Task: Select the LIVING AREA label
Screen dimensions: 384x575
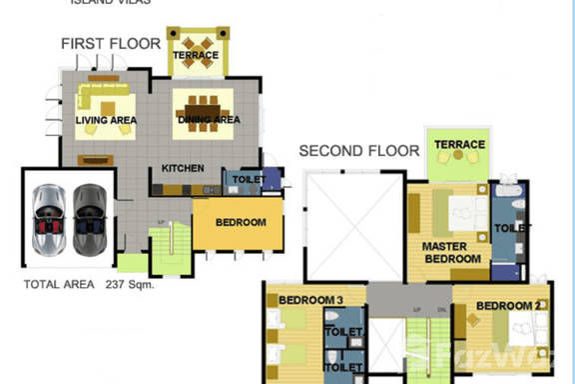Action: click(x=106, y=121)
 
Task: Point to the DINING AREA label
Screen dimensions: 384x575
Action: click(x=209, y=121)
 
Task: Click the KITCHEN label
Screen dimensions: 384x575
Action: click(x=184, y=168)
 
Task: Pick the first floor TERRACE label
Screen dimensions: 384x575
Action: click(x=195, y=56)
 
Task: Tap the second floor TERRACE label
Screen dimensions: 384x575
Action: click(x=459, y=145)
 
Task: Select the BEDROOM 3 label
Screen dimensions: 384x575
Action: click(x=310, y=301)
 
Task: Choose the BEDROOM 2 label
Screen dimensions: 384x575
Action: click(x=508, y=305)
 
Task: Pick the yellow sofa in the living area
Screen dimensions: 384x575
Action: click(x=103, y=98)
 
